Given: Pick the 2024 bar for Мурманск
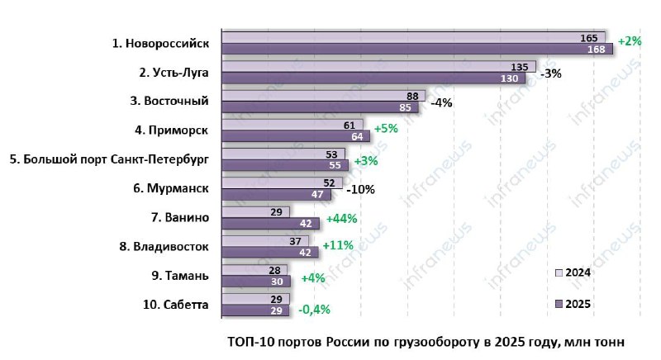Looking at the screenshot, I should click(281, 182).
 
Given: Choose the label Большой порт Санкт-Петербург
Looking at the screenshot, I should click(109, 159).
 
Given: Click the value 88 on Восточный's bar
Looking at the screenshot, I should click(411, 96).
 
